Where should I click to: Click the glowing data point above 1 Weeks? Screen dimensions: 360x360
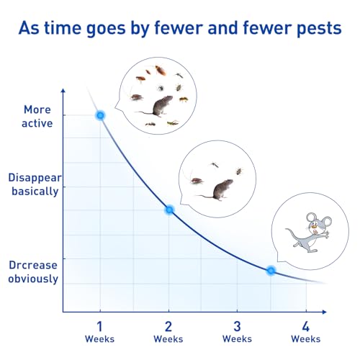(100, 115)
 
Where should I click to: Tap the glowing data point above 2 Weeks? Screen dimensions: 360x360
(169, 210)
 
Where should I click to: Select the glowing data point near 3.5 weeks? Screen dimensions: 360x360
(271, 271)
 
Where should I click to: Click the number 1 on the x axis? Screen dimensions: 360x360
(99, 326)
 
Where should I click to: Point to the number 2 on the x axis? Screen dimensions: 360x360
(168, 326)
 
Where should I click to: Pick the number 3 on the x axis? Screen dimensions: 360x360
(237, 326)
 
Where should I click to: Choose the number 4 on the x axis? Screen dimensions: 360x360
(306, 326)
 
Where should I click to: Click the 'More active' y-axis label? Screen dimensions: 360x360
(37, 117)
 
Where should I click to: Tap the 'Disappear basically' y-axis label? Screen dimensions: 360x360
(35, 184)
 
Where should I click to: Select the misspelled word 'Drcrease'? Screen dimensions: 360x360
(33, 265)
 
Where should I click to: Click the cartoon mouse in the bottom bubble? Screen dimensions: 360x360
(309, 233)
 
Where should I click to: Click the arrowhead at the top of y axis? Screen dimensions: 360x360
(63, 91)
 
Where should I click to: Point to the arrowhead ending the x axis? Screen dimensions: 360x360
(325, 312)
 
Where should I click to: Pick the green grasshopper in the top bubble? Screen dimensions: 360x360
(173, 123)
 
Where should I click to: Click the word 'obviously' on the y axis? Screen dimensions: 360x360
(33, 279)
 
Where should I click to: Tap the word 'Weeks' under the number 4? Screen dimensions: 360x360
(306, 339)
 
